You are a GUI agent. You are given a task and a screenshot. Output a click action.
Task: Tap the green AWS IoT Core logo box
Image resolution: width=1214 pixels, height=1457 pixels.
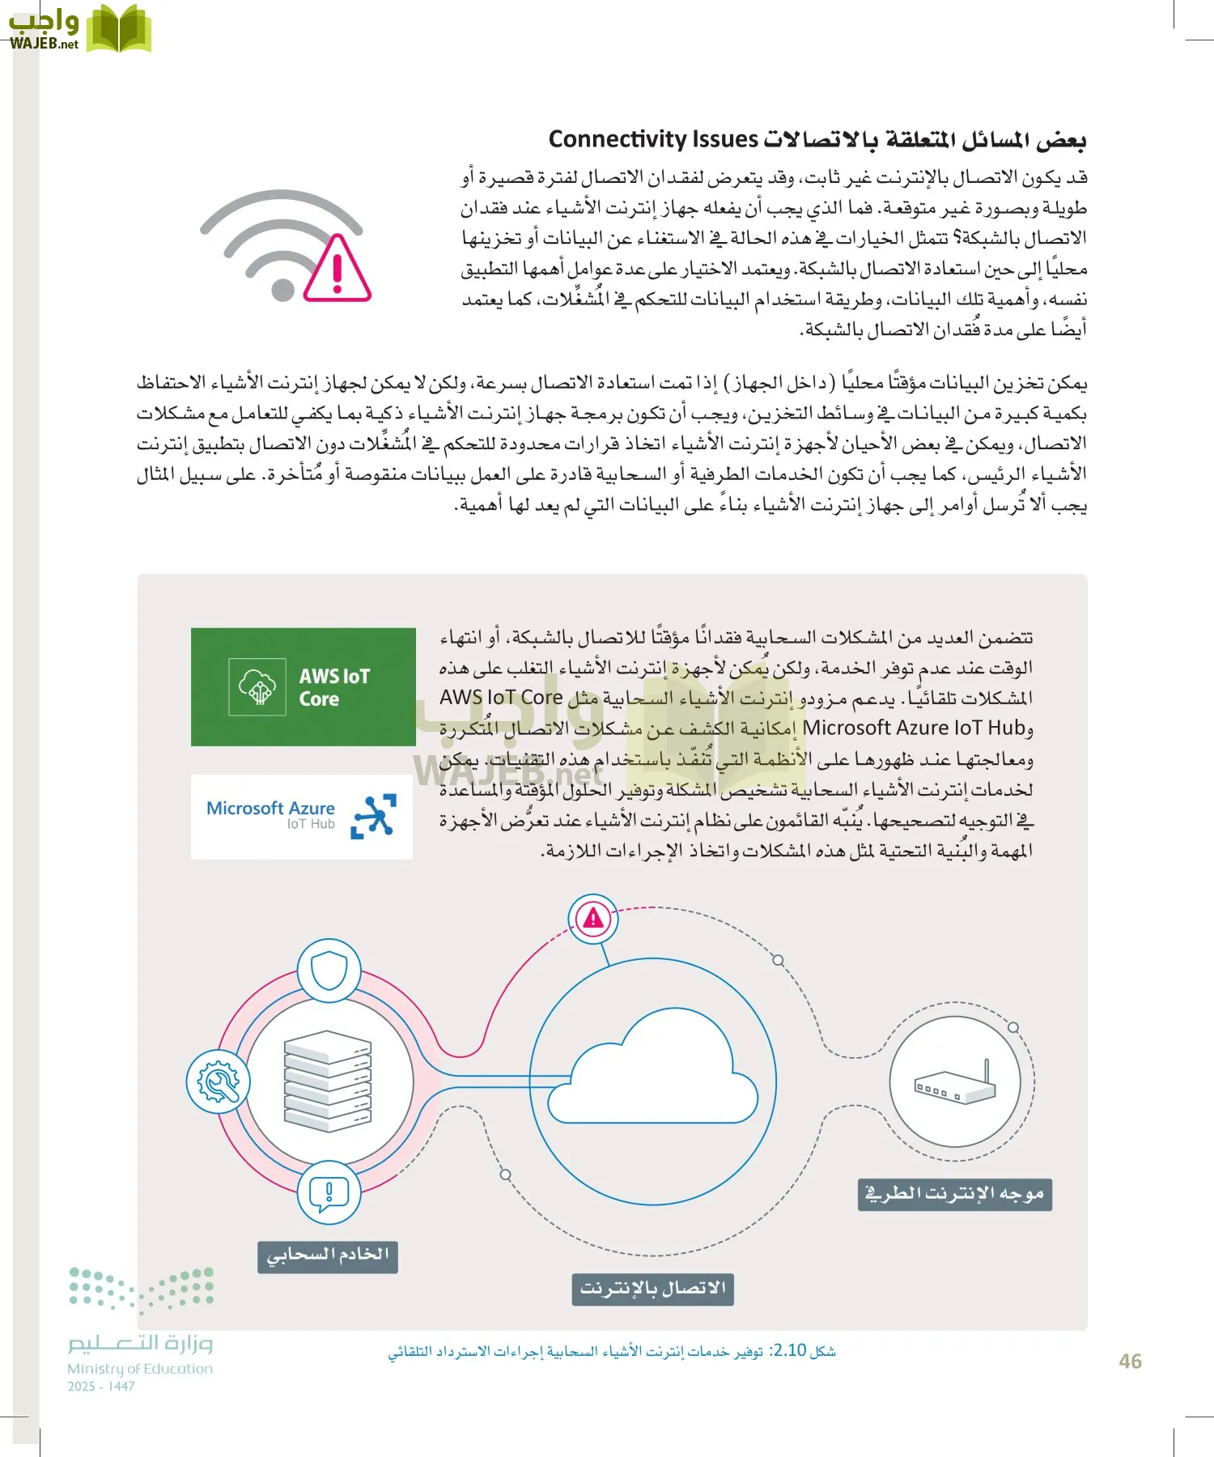click(x=303, y=686)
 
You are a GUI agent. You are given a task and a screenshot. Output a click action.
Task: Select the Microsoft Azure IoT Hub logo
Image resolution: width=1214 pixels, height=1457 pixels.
click(x=301, y=816)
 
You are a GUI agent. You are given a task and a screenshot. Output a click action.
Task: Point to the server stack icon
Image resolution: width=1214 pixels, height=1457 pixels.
click(x=328, y=1081)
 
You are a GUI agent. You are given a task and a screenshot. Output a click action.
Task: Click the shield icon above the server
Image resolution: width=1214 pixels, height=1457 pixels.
click(x=329, y=971)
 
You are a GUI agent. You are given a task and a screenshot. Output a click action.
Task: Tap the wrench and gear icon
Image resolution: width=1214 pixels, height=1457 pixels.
click(x=218, y=1081)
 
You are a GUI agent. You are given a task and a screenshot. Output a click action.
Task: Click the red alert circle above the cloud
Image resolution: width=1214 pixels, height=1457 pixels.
click(x=593, y=918)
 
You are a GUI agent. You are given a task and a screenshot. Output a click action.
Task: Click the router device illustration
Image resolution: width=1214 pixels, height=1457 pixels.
click(x=955, y=1085)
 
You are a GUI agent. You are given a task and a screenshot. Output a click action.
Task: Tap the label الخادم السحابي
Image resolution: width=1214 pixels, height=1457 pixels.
click(x=328, y=1256)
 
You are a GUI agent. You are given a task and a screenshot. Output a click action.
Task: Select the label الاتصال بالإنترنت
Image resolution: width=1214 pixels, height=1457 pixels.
click(x=652, y=1289)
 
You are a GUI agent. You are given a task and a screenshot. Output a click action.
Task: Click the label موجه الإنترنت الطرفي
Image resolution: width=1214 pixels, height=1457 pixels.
click(x=954, y=1195)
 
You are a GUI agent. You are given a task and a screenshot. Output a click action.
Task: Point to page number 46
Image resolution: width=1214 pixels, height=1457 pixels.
click(x=1130, y=1361)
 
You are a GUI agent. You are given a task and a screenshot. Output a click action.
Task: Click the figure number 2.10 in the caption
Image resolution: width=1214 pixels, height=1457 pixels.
click(x=789, y=1350)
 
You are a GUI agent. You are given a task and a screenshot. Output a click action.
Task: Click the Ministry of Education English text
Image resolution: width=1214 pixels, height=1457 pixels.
click(x=139, y=1369)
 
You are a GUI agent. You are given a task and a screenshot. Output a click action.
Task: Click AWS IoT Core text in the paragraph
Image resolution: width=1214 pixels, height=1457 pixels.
click(x=501, y=697)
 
